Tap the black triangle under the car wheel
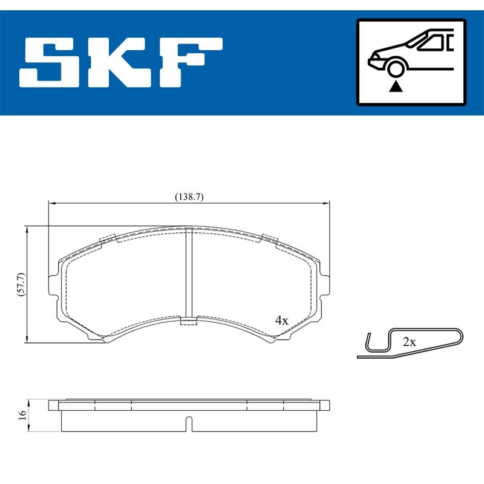pyautogui.click(x=396, y=87)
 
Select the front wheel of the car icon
pyautogui.click(x=396, y=68)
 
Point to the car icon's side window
pyautogui.click(x=432, y=43)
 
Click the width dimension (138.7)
pyautogui.click(x=189, y=197)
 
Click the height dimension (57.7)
pyautogui.click(x=21, y=284)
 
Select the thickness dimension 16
pyautogui.click(x=22, y=415)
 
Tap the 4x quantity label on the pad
pyautogui.click(x=281, y=321)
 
